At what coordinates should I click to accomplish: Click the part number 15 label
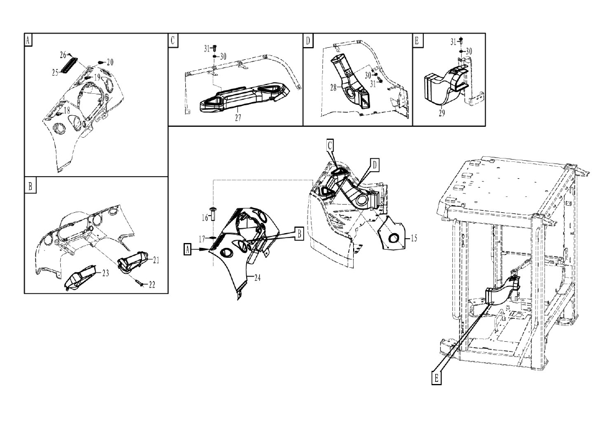pyautogui.click(x=414, y=238)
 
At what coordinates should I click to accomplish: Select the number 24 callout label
pyautogui.click(x=257, y=278)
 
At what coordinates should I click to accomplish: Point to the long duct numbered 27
pyautogui.click(x=243, y=99)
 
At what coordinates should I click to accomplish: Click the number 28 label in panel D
pyautogui.click(x=333, y=88)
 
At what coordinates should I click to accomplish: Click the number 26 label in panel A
pyautogui.click(x=63, y=55)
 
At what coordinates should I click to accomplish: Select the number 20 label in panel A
pyautogui.click(x=110, y=63)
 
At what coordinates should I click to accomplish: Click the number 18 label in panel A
pyautogui.click(x=66, y=111)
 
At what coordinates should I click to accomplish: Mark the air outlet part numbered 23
pyautogui.click(x=81, y=278)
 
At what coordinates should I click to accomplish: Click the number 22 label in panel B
pyautogui.click(x=152, y=285)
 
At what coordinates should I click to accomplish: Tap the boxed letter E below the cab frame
pyautogui.click(x=436, y=378)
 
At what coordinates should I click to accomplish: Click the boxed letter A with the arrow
pyautogui.click(x=186, y=250)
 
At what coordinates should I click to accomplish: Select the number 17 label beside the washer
pyautogui.click(x=202, y=239)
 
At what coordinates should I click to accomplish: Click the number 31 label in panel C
pyautogui.click(x=207, y=49)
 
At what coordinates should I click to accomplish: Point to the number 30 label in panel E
pyautogui.click(x=469, y=51)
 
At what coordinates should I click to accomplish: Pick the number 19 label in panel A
pyautogui.click(x=97, y=77)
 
